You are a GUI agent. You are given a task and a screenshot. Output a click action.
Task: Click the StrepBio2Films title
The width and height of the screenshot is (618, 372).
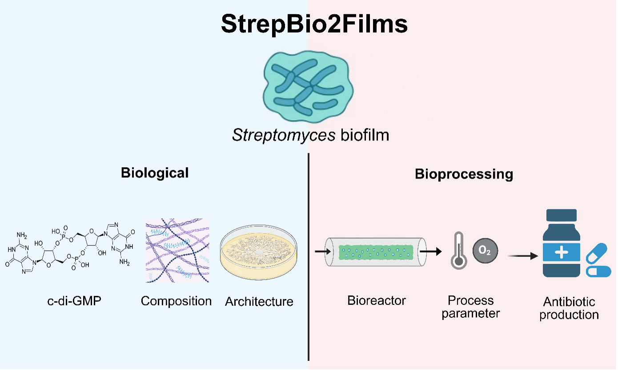(314, 24)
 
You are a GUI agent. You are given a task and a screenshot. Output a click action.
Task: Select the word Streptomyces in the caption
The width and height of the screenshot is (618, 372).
(284, 135)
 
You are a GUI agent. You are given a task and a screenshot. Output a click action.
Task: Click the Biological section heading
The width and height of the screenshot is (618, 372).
(155, 172)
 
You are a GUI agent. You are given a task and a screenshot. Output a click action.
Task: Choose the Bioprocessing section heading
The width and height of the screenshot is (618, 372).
(464, 174)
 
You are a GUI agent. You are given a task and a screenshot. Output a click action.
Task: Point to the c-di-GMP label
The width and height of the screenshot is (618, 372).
(74, 301)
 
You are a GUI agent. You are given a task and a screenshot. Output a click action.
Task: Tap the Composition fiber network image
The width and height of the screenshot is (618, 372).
(177, 250)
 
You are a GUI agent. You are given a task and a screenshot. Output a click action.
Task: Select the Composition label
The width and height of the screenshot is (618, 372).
(176, 301)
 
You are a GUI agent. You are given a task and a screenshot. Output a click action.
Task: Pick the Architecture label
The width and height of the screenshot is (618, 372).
(259, 301)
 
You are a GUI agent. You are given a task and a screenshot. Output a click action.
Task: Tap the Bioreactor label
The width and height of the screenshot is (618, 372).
(377, 300)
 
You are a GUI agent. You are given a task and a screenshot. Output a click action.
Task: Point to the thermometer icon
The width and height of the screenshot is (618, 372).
(458, 251)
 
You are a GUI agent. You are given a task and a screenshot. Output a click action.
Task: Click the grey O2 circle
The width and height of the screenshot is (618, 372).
(486, 251)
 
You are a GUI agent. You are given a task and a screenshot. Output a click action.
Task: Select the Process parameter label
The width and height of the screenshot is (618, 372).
(471, 307)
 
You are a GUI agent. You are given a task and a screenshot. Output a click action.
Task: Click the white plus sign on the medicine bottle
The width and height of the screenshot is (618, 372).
(562, 252)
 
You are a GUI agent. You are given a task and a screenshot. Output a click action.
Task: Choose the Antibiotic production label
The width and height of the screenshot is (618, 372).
(569, 308)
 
